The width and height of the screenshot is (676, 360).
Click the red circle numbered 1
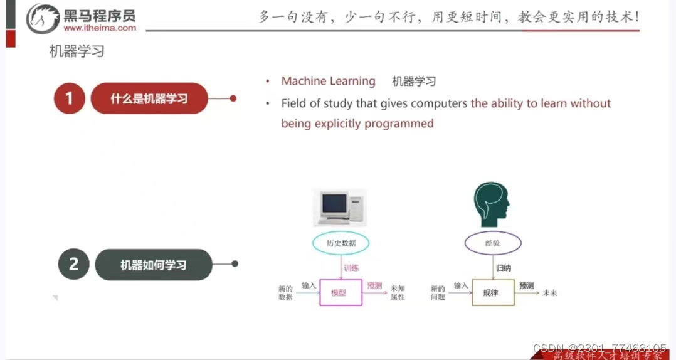(x=69, y=98)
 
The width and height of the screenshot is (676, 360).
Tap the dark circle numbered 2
(x=74, y=264)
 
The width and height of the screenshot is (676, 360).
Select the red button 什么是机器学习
(x=149, y=98)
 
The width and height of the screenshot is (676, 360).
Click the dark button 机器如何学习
(x=154, y=265)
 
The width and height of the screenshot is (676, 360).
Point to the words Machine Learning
(x=328, y=81)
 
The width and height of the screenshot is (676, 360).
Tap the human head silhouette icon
(x=491, y=204)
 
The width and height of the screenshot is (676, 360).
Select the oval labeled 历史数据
(x=341, y=243)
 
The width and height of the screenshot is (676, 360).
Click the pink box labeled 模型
(x=341, y=292)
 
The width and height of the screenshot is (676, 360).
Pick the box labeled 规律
(x=492, y=292)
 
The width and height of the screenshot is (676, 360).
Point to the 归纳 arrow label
(x=504, y=268)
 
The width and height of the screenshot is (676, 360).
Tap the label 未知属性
(x=398, y=293)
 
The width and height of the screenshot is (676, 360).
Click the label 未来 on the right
(x=550, y=293)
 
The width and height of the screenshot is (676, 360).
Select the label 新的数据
(x=285, y=293)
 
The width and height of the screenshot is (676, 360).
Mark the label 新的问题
(x=438, y=293)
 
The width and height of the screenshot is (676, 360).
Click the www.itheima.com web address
(x=100, y=28)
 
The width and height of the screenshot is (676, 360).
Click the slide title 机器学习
(x=77, y=51)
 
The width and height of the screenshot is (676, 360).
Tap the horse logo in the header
(x=43, y=18)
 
